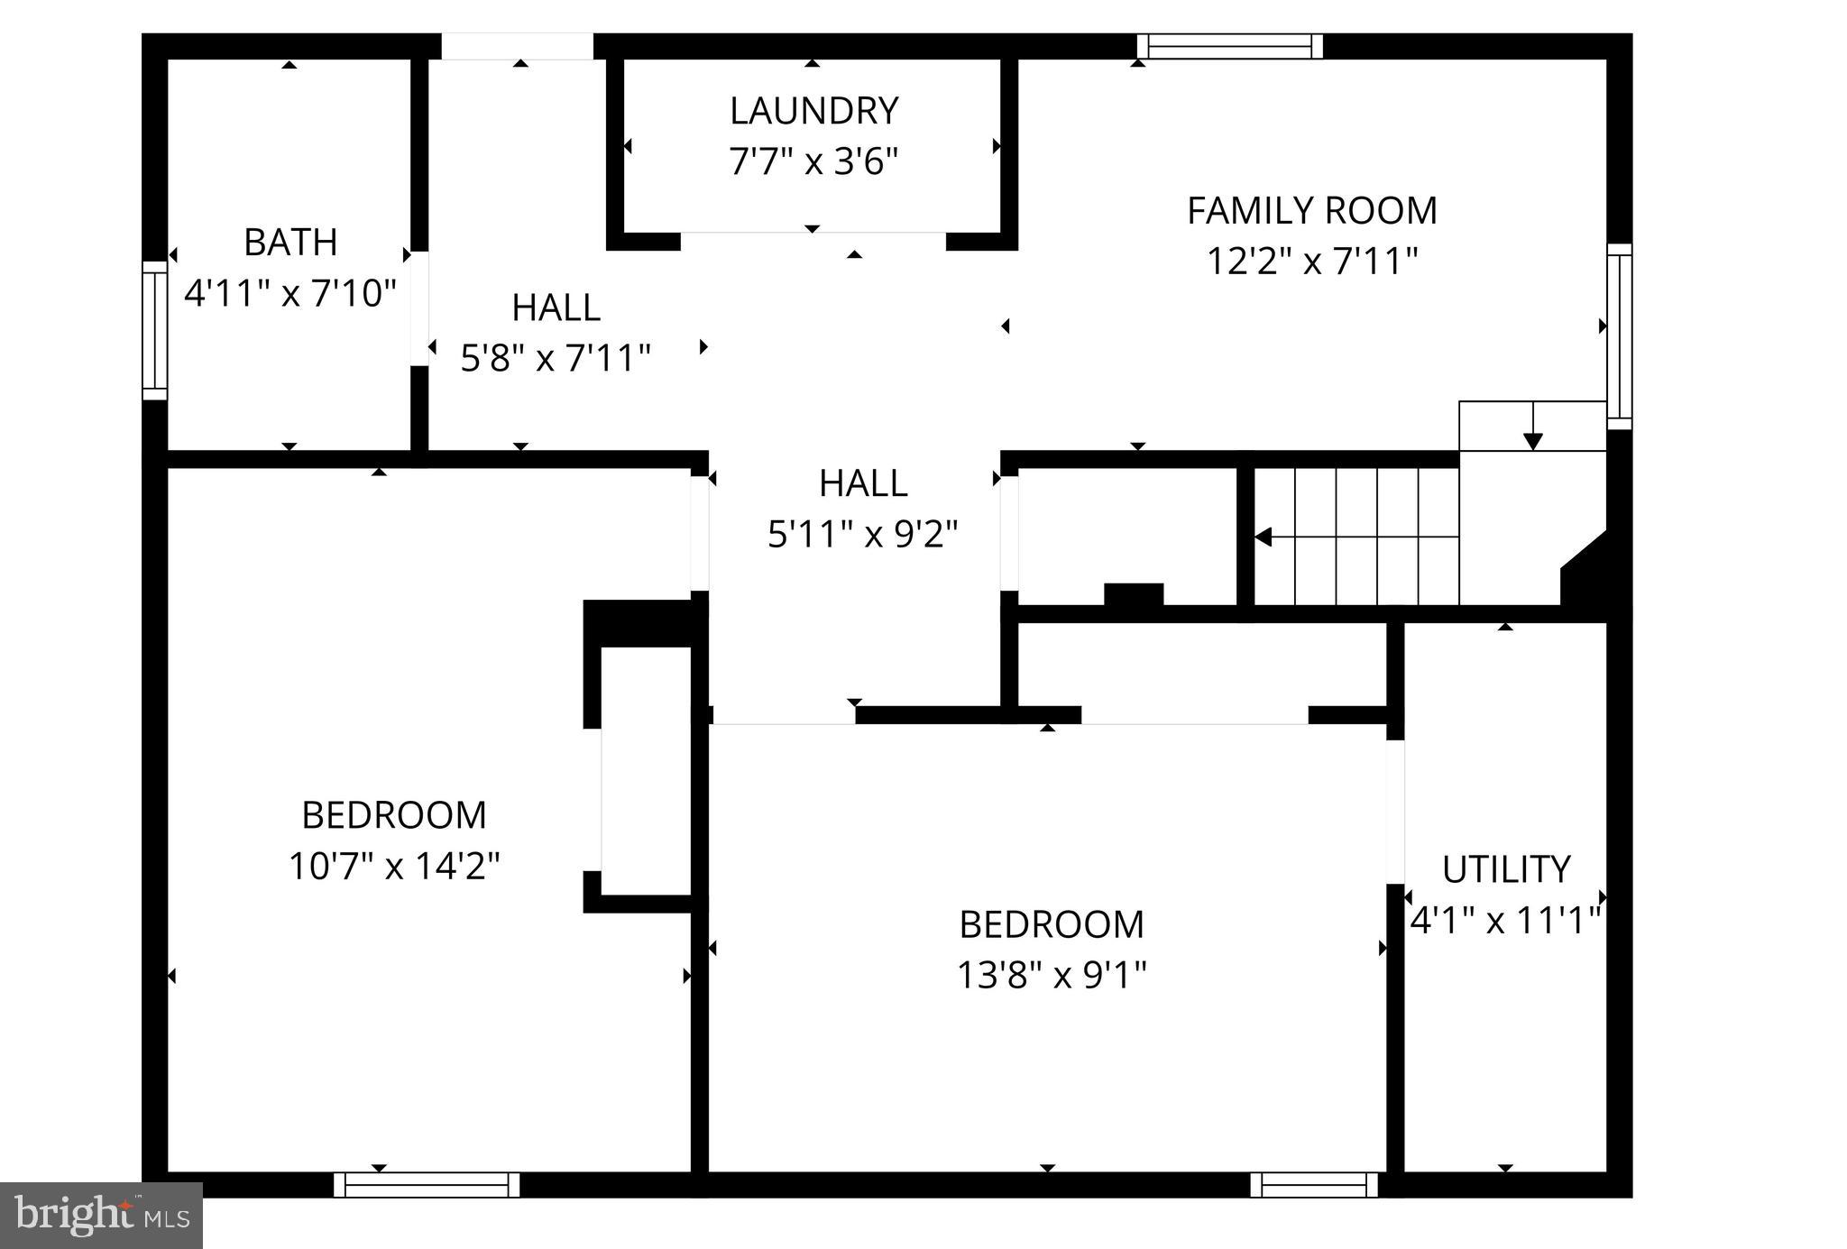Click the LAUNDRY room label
coord(813,111)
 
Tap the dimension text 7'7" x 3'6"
coord(813,162)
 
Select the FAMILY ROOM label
coord(1311,211)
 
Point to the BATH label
coord(290,243)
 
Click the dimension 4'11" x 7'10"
coord(290,293)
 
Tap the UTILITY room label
coord(1505,870)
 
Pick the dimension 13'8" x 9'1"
coord(1052,975)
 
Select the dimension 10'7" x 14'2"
coord(394,867)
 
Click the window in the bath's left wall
coord(155,330)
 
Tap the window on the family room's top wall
coord(1229,46)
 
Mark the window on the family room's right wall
coord(1620,335)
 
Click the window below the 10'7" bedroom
coord(427,1184)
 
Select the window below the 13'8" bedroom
coord(1314,1184)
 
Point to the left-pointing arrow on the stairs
coord(1263,537)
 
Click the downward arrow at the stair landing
coord(1532,440)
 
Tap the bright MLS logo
coord(101,1215)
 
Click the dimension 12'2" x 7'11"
coord(1311,262)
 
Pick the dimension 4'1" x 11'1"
coord(1505,922)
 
